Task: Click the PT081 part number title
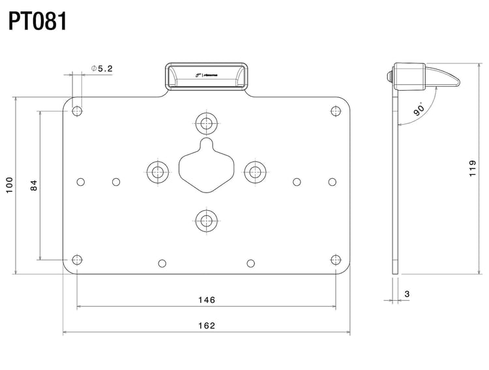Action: pos(38,21)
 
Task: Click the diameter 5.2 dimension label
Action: pos(102,68)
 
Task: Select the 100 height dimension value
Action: pos(8,185)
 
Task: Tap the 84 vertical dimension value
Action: pos(34,185)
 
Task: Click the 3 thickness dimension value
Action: pos(407,294)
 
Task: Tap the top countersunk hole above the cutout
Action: pos(207,123)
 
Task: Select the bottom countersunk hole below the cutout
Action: pos(207,220)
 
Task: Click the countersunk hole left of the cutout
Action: pos(157,172)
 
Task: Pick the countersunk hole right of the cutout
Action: pos(255,172)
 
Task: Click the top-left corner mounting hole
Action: pos(78,111)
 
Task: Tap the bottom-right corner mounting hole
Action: pos(336,260)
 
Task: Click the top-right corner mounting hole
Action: pos(336,111)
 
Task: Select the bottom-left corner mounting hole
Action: pos(78,260)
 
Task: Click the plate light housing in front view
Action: pos(207,77)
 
